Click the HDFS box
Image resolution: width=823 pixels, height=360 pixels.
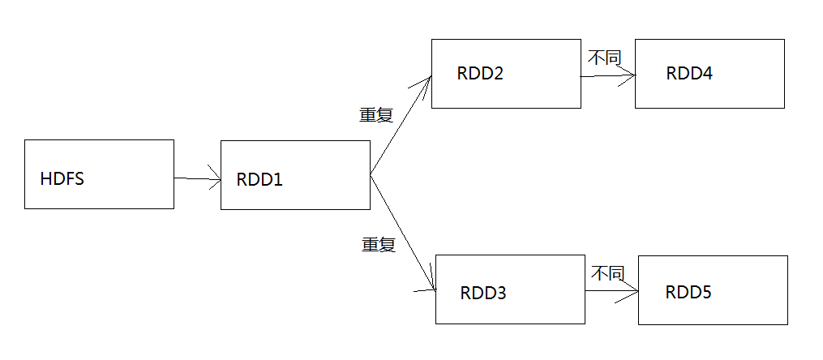(x=99, y=174)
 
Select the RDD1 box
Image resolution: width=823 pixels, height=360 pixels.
(x=295, y=175)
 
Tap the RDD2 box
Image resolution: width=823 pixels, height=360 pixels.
(x=506, y=74)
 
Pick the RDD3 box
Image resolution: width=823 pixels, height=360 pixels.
(x=509, y=289)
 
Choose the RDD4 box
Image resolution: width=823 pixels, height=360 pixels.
(x=709, y=74)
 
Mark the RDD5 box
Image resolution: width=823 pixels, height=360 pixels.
(x=713, y=290)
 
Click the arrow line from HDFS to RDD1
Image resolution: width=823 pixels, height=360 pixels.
(x=197, y=178)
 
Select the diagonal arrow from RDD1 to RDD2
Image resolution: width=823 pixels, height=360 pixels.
(x=400, y=126)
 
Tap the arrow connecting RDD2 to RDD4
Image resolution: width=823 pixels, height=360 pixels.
(x=607, y=77)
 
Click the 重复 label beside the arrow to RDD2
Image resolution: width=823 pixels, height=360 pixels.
(x=376, y=115)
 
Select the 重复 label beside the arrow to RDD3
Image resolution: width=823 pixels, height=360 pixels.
(x=378, y=245)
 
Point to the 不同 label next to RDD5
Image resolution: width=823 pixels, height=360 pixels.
(x=607, y=273)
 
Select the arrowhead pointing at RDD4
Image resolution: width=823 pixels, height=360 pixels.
(x=628, y=77)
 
